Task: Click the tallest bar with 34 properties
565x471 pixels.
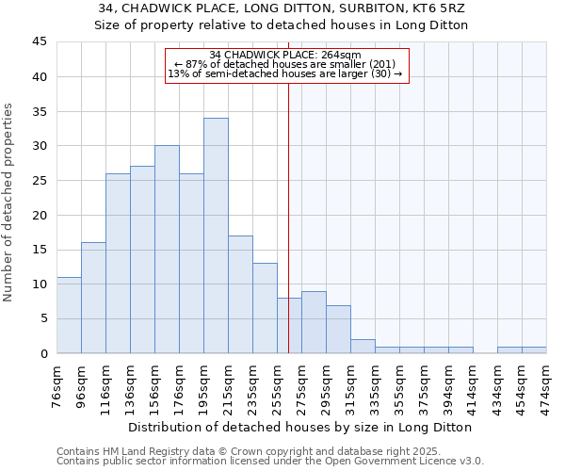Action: (x=216, y=235)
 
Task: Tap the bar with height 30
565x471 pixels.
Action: (x=167, y=250)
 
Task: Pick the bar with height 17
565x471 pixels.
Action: (x=240, y=294)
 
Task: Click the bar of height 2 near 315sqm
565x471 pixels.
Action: (x=363, y=346)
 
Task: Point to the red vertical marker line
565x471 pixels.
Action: (x=288, y=207)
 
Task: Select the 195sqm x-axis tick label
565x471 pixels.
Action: (x=203, y=386)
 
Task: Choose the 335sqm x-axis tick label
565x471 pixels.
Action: (x=375, y=386)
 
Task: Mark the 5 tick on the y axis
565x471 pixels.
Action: (x=42, y=318)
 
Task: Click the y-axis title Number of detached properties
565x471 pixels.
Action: (x=9, y=203)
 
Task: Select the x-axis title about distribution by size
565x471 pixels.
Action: (x=300, y=427)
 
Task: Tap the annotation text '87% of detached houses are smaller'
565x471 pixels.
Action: (x=287, y=64)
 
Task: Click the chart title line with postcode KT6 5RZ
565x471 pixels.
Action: (x=282, y=8)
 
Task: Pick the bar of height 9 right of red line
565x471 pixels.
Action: (x=314, y=322)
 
